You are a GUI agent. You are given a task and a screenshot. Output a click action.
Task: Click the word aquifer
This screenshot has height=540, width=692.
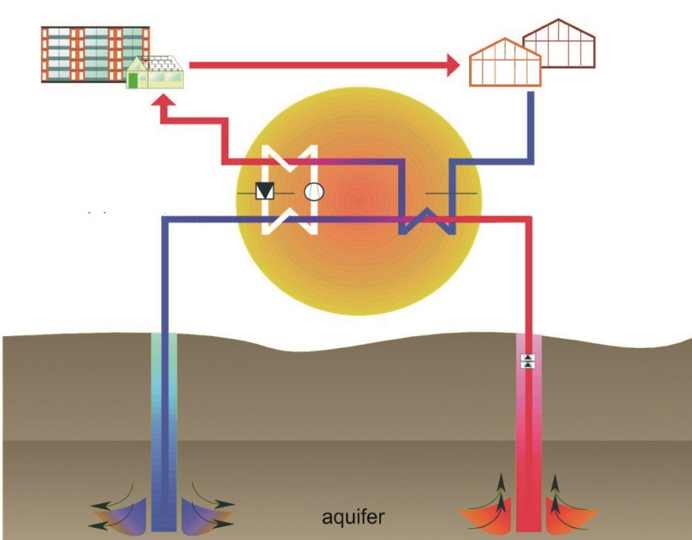[353, 516]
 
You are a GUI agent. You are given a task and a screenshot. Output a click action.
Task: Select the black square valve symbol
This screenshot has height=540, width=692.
[264, 192]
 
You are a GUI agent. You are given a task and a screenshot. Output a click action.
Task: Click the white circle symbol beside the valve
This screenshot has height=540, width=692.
[314, 192]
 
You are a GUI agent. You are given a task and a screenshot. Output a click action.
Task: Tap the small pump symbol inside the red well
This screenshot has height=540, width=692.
[528, 360]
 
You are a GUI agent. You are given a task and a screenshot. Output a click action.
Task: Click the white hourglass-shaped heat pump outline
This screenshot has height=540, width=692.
[290, 190]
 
